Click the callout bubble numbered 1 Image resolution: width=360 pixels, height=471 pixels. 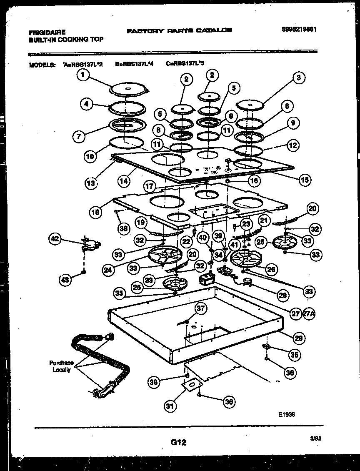[x=83, y=75]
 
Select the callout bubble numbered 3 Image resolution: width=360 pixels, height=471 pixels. [x=298, y=77]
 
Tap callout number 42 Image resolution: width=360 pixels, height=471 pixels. [x=55, y=239]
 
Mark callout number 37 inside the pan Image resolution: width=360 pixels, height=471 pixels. [x=201, y=308]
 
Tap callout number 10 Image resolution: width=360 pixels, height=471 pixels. [x=90, y=156]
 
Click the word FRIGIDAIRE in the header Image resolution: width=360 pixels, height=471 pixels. [x=47, y=32]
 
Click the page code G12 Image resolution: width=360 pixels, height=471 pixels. [x=178, y=443]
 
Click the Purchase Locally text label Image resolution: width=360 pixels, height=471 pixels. [x=61, y=366]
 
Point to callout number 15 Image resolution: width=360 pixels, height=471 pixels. [x=305, y=180]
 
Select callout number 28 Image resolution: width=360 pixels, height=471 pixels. [x=283, y=295]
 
